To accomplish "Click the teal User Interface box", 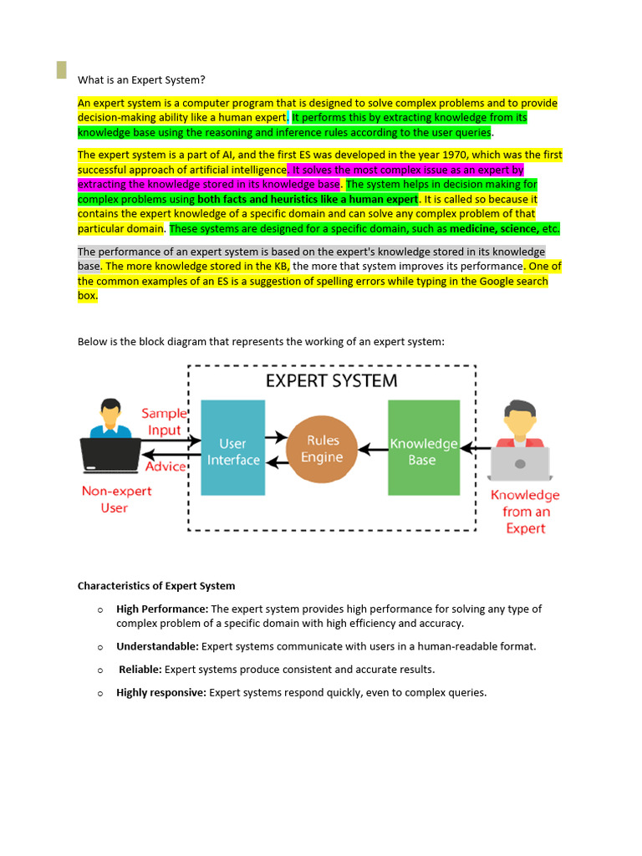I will [x=233, y=447].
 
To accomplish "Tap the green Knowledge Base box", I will [x=423, y=448].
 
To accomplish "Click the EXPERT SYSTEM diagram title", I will [x=332, y=381].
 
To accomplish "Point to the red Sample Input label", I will [x=165, y=422].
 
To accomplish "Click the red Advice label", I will [x=166, y=466].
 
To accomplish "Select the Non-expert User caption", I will [x=116, y=499].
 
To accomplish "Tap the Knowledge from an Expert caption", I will [x=525, y=512].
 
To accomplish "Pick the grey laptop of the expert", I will [x=520, y=463].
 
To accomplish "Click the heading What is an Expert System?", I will [x=141, y=80].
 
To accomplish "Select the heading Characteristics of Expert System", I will [x=156, y=586].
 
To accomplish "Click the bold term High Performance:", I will [x=162, y=609].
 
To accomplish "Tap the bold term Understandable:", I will [x=157, y=646].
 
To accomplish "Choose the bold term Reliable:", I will [x=140, y=670].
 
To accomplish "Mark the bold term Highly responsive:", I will [x=160, y=693].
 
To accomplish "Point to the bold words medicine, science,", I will [x=494, y=229].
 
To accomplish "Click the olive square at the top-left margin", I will [x=61, y=70].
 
